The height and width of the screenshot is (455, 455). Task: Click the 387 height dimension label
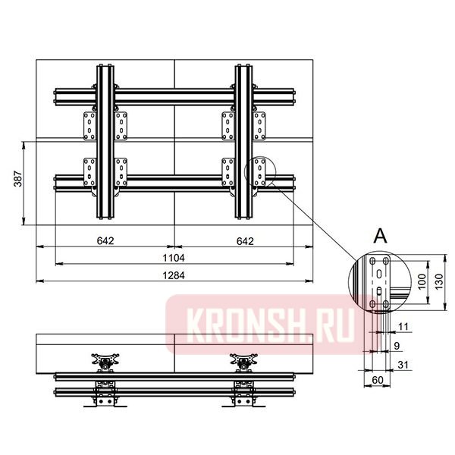click(17, 179)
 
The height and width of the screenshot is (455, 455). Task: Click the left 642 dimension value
click(105, 241)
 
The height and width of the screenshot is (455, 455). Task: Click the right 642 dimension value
click(243, 241)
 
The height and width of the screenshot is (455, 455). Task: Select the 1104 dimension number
click(174, 258)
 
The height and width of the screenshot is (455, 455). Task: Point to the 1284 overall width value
click(174, 275)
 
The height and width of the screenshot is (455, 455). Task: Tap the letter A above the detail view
click(380, 236)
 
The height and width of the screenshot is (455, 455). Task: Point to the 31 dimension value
click(402, 366)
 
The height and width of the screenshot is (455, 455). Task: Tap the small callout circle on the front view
click(262, 174)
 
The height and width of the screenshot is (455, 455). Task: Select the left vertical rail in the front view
click(105, 143)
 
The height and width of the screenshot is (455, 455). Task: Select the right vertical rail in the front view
click(243, 143)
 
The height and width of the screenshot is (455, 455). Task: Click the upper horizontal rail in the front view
click(174, 96)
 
